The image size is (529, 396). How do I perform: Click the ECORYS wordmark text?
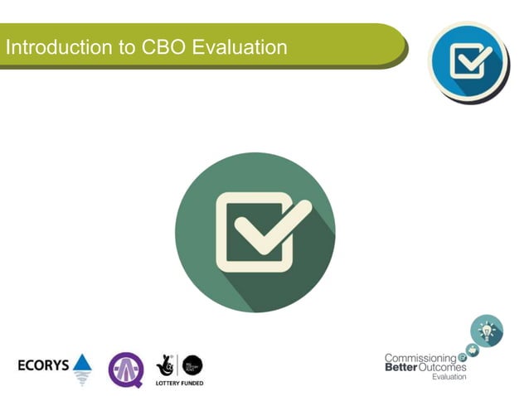(x=43, y=365)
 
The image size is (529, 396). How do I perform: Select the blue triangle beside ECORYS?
(x=82, y=364)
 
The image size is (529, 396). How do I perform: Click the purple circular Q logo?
(x=125, y=369)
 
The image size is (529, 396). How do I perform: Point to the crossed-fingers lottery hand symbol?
(x=165, y=365)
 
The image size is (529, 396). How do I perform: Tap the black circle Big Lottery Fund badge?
(x=192, y=364)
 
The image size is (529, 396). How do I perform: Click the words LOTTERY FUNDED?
(x=179, y=384)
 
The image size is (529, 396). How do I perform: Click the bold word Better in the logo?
(x=401, y=367)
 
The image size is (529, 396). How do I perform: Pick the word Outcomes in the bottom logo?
(x=444, y=367)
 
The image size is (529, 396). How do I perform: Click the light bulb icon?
(x=487, y=331)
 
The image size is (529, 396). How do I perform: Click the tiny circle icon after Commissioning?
(x=463, y=358)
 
